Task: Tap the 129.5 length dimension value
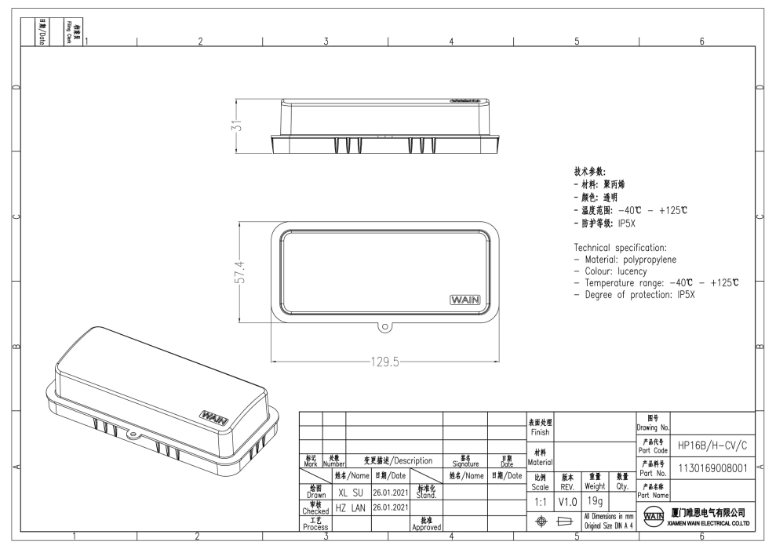(x=384, y=362)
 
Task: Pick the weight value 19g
(x=596, y=500)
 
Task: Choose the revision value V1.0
(x=567, y=500)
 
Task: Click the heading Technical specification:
(x=620, y=247)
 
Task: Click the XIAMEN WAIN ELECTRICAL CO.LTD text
(x=710, y=522)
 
